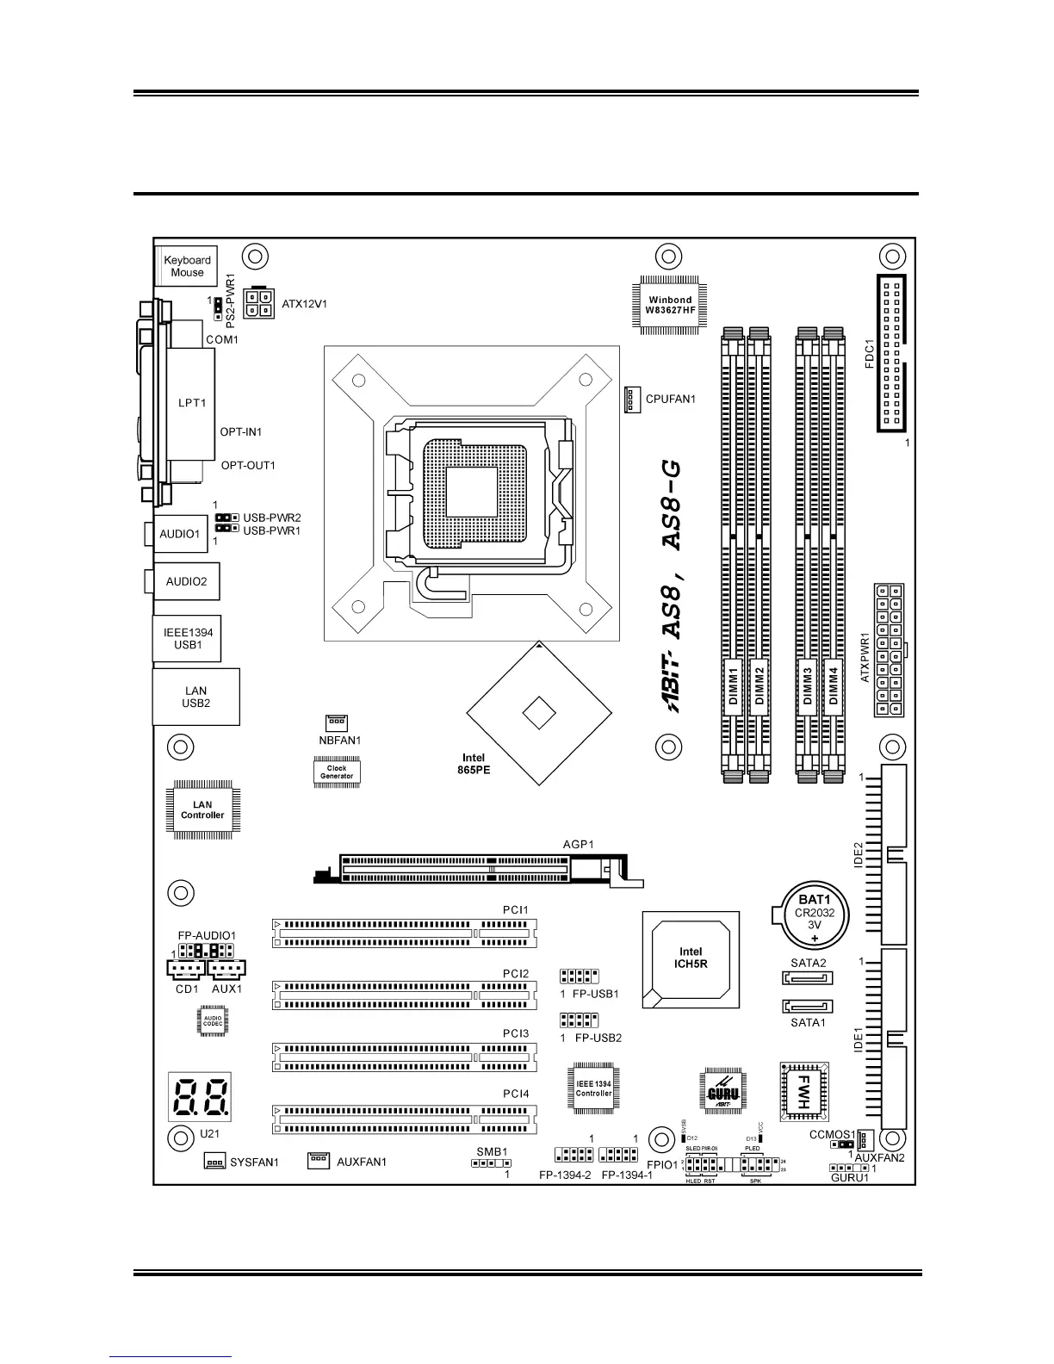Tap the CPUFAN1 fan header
(630, 399)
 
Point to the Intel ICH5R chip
(691, 958)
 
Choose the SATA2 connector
(808, 978)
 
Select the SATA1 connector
(808, 1006)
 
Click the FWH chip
(803, 1090)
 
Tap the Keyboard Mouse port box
(187, 266)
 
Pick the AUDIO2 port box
(186, 581)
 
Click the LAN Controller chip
(202, 809)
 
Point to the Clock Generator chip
(337, 772)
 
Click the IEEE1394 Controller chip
(593, 1088)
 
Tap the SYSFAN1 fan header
(214, 1161)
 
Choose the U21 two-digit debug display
(201, 1096)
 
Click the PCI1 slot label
(516, 909)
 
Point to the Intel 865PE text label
(474, 764)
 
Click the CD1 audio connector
(185, 970)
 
